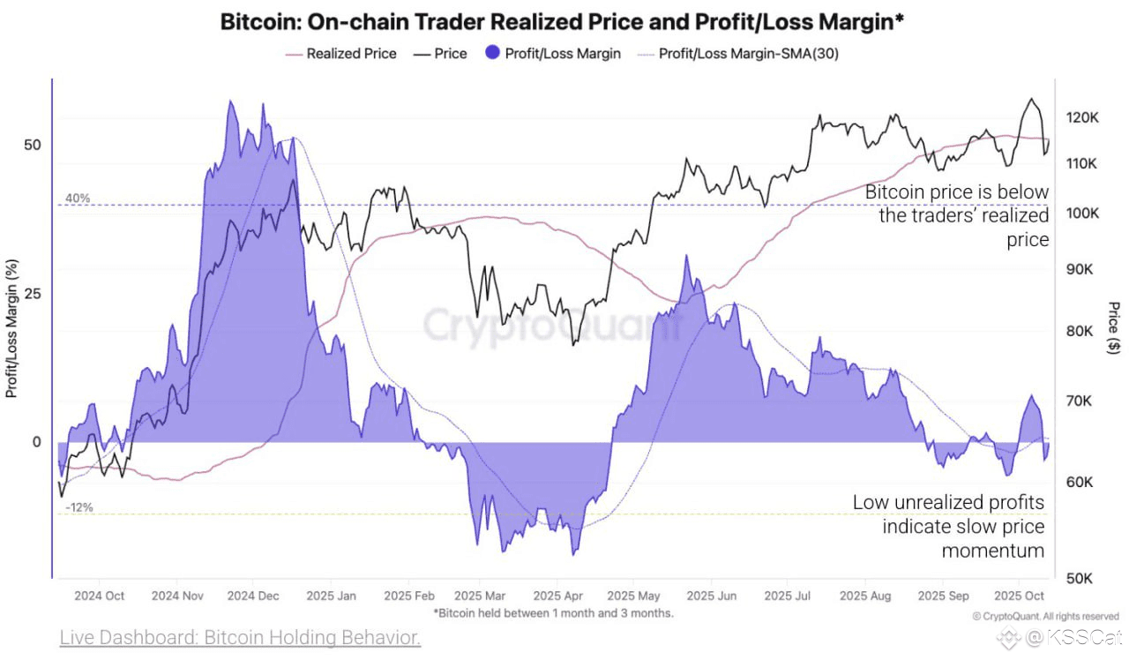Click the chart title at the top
(x=561, y=22)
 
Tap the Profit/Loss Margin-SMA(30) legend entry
(x=749, y=54)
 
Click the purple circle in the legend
(x=492, y=53)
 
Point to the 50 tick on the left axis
(x=31, y=145)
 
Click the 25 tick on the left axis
(x=31, y=293)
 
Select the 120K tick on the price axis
(x=1081, y=117)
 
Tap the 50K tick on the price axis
(x=1081, y=578)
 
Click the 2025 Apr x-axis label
(x=559, y=596)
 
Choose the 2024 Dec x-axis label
(x=253, y=596)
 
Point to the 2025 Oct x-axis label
(x=1019, y=596)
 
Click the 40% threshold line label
(x=78, y=199)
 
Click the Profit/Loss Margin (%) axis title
(x=12, y=328)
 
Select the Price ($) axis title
(x=1114, y=328)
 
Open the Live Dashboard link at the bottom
(x=240, y=637)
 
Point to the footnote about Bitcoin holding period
(x=553, y=612)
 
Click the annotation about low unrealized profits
(x=948, y=527)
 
